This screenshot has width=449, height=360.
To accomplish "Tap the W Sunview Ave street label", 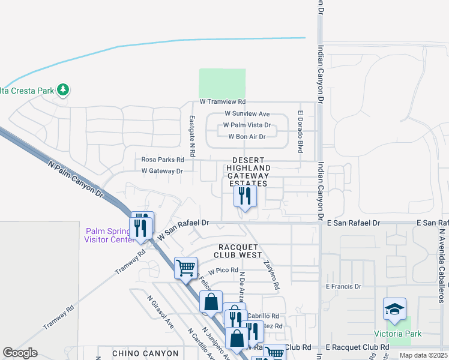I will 247,113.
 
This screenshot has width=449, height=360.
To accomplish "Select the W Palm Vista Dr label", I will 247,125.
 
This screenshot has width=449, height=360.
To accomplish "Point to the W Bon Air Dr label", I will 247,137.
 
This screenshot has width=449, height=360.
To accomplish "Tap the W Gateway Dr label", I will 161,171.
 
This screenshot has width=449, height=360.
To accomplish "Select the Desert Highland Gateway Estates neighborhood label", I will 249,172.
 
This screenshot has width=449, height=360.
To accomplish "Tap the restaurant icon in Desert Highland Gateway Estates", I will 245,196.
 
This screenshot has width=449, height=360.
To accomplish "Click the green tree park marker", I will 63,91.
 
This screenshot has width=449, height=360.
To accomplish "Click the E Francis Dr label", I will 343,287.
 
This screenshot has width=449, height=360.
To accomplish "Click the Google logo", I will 20,353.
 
